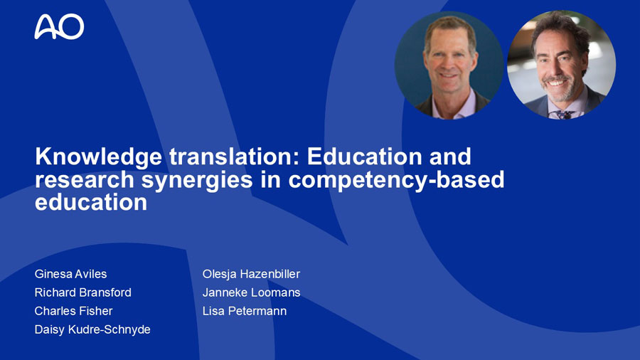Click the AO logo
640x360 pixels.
tap(59, 26)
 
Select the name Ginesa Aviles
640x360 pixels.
tap(70, 274)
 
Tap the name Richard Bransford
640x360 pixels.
tap(83, 292)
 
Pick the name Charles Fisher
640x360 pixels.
tap(73, 311)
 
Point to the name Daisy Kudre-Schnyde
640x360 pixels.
tap(92, 329)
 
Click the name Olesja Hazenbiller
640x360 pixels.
tap(252, 274)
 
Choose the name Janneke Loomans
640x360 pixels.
tap(252, 292)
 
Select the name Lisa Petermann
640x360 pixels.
tap(245, 311)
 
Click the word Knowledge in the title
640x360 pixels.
tap(98, 157)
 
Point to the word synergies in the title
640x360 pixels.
tap(197, 181)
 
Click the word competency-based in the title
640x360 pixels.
tap(396, 181)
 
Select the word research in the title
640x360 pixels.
tap(85, 180)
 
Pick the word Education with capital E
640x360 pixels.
tap(365, 157)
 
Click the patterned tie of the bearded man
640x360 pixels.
tap(565, 115)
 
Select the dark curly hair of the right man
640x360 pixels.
tap(562, 28)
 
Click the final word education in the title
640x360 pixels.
tap(91, 203)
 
